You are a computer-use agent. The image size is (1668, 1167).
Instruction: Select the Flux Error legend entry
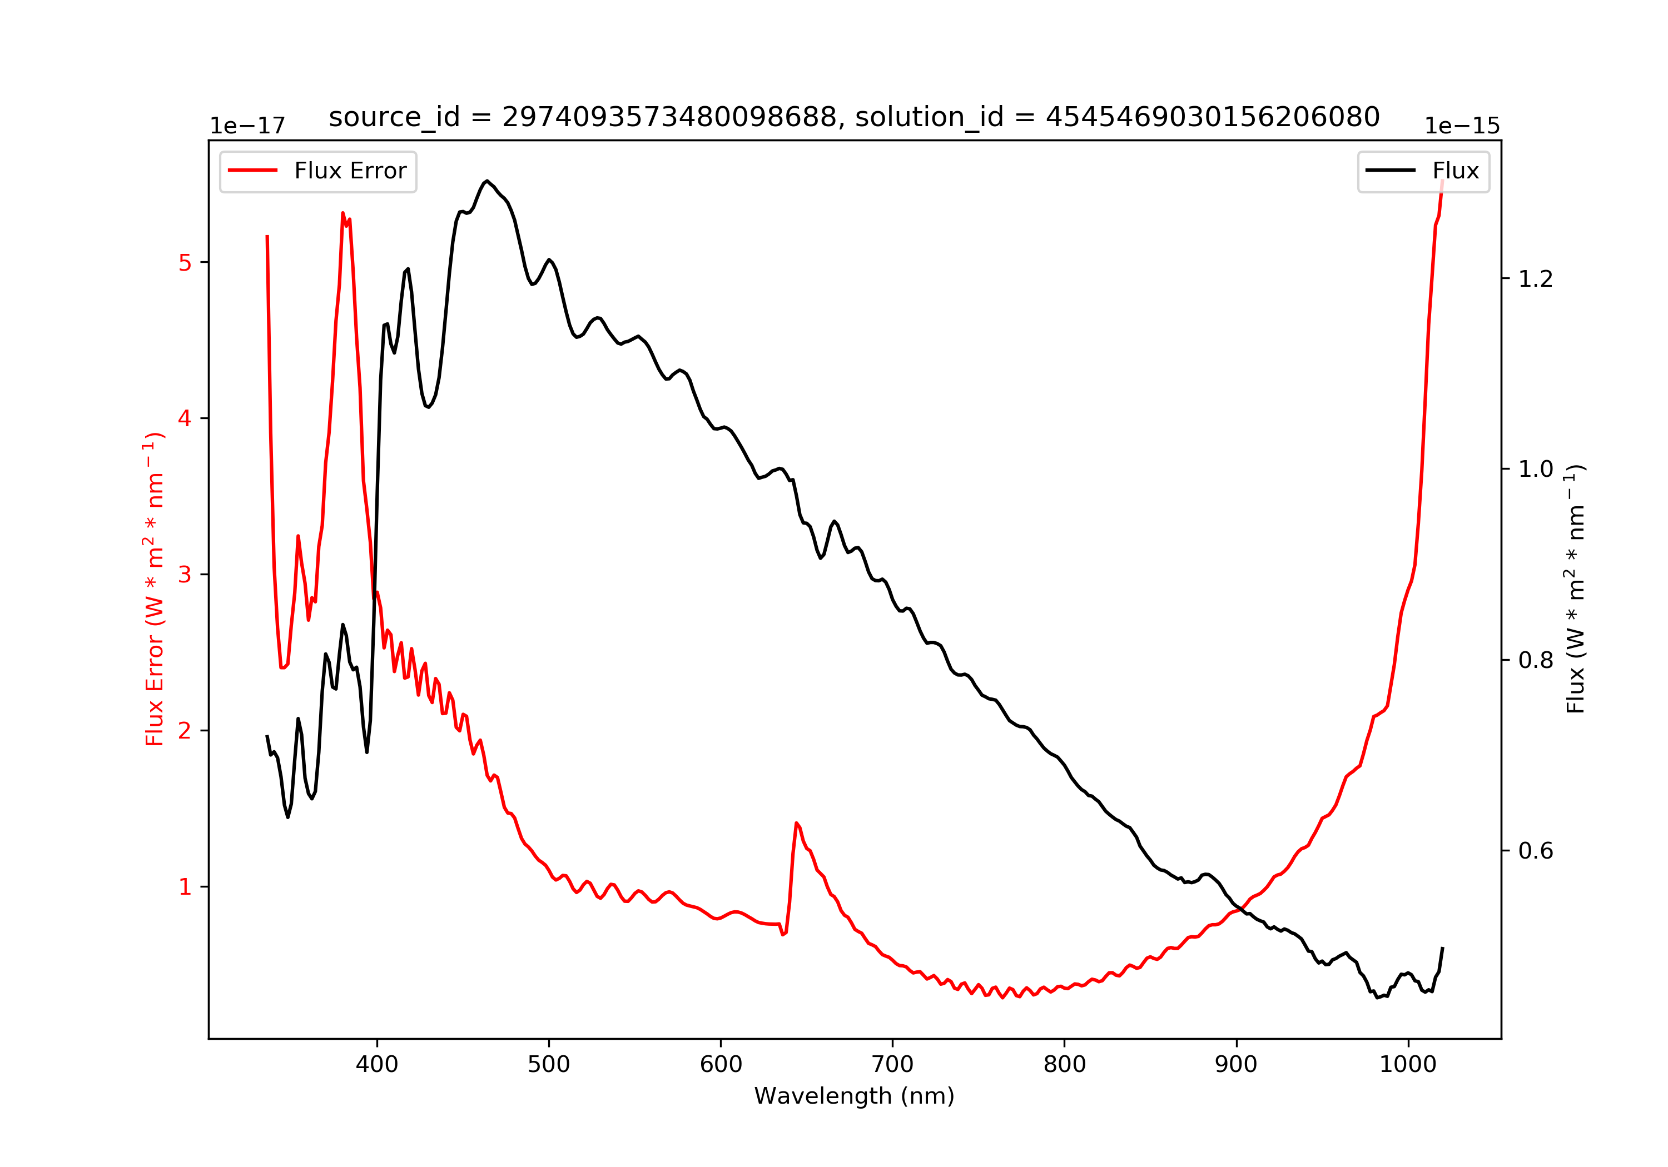318,171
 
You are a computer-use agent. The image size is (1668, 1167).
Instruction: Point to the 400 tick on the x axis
376,1065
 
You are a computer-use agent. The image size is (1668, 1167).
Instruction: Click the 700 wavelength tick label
892,1065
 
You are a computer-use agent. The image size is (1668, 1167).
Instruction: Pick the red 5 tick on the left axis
185,263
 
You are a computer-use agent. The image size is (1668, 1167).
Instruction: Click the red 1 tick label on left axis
185,887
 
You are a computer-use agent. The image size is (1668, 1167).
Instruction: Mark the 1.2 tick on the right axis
1535,279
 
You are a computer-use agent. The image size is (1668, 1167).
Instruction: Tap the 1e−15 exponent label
1462,126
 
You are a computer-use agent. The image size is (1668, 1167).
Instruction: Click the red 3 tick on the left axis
185,575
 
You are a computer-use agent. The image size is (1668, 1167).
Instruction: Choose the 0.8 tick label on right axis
1535,660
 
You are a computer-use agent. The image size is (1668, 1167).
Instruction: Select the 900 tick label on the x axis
1236,1065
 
